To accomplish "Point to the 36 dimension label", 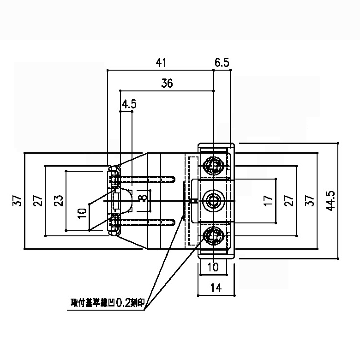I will pos(167,84).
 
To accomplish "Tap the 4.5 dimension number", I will pos(129,104).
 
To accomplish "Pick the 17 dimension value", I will pos(268,200).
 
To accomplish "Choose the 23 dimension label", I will pos(59,201).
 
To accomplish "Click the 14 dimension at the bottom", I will pos(215,288).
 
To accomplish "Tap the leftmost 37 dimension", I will pos(17,201).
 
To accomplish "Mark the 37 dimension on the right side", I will pos(310,201).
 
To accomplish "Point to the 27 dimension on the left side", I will pos(38,201).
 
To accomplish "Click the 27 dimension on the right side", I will pos(289,201).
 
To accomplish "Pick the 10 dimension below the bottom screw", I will pos(213,267).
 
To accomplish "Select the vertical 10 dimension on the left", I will pos(82,213).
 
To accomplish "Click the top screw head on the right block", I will pos(214,165).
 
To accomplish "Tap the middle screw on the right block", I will pos(214,200).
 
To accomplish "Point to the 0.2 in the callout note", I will pos(123,303).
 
